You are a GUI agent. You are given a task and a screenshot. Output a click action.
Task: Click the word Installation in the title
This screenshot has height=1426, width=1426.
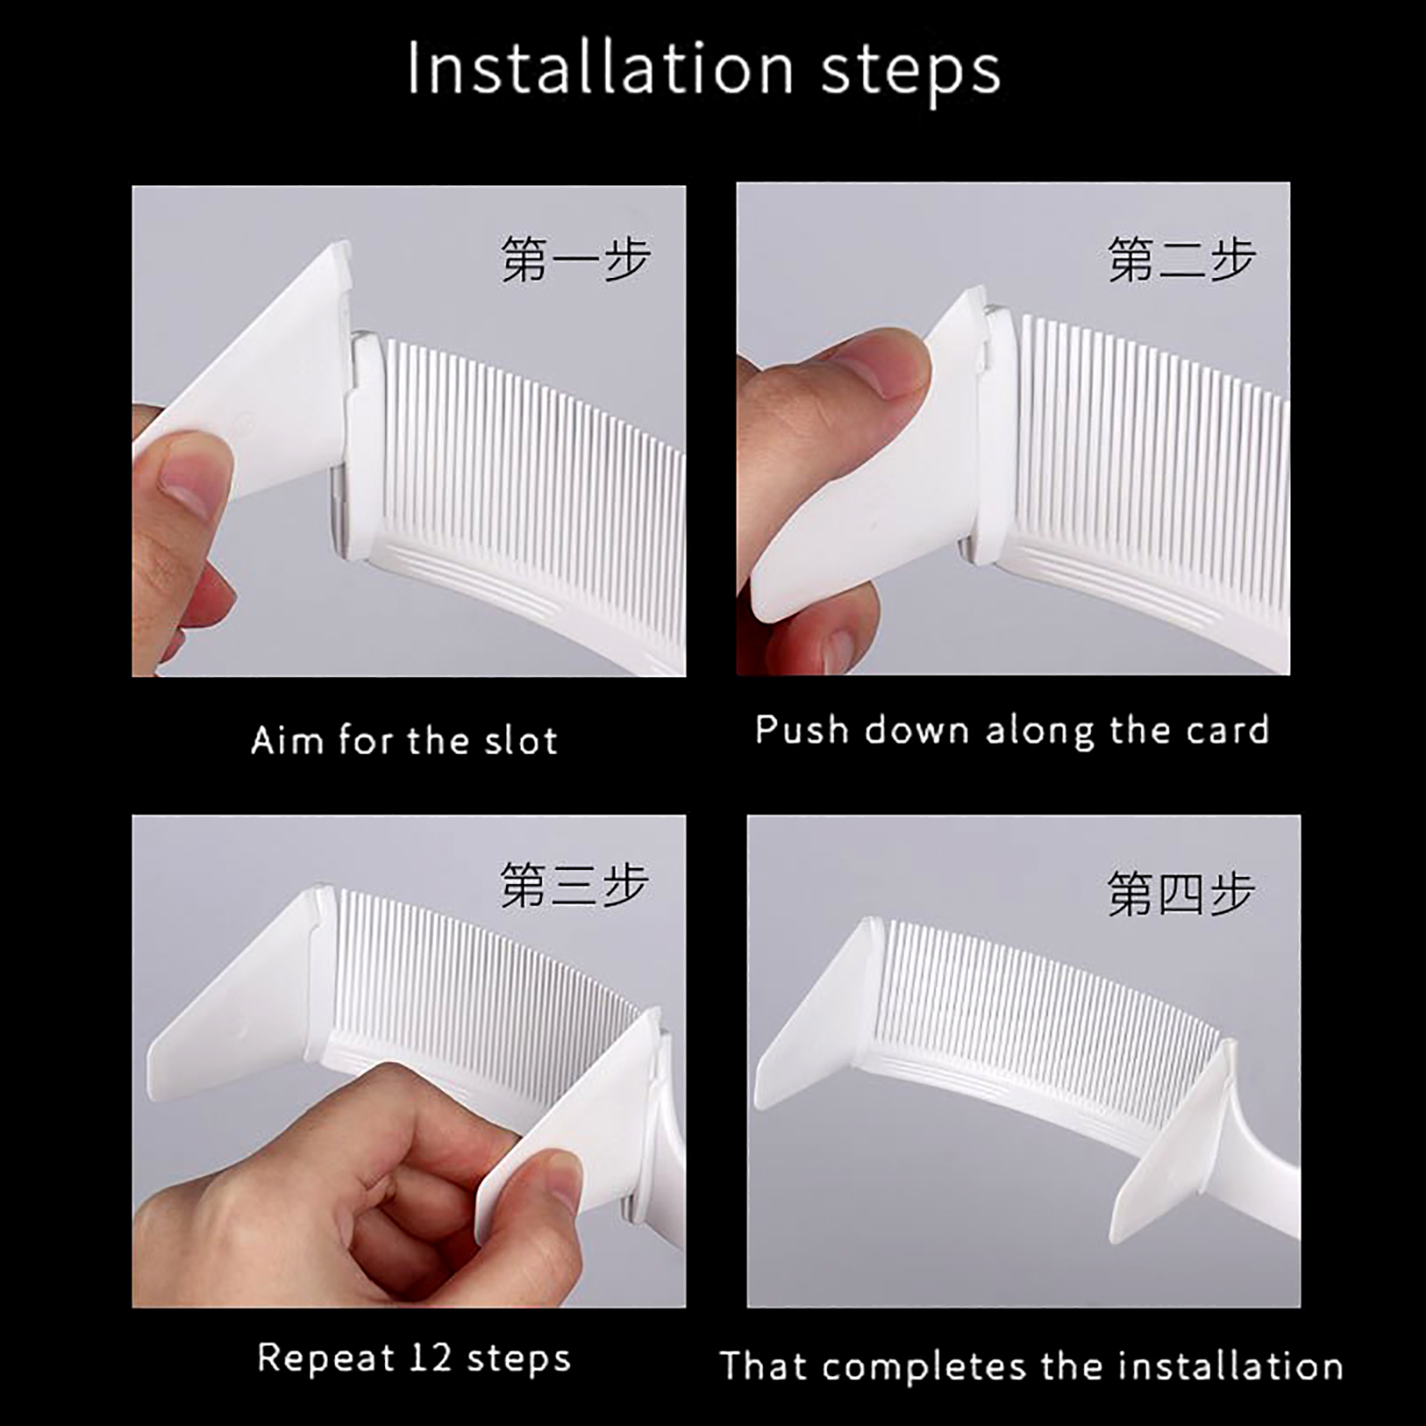[600, 69]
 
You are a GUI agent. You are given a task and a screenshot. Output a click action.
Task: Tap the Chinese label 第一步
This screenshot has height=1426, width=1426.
[575, 259]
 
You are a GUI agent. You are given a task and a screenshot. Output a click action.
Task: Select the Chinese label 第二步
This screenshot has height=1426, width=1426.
[1181, 259]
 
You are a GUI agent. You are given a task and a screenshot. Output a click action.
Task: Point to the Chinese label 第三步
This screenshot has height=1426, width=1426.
[575, 885]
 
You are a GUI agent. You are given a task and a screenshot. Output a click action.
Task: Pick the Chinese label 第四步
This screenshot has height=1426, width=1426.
[1181, 892]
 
